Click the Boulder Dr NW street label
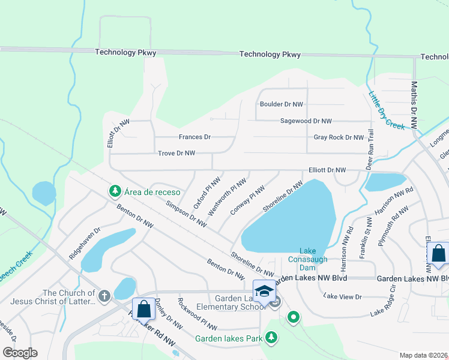281,104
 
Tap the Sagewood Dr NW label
306,121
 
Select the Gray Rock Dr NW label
339,137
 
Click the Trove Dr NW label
176,154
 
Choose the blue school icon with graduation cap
264,291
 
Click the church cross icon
104,296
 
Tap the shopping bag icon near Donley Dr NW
143,309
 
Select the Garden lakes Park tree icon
272,338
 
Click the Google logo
20,353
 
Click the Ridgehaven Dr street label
84,243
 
